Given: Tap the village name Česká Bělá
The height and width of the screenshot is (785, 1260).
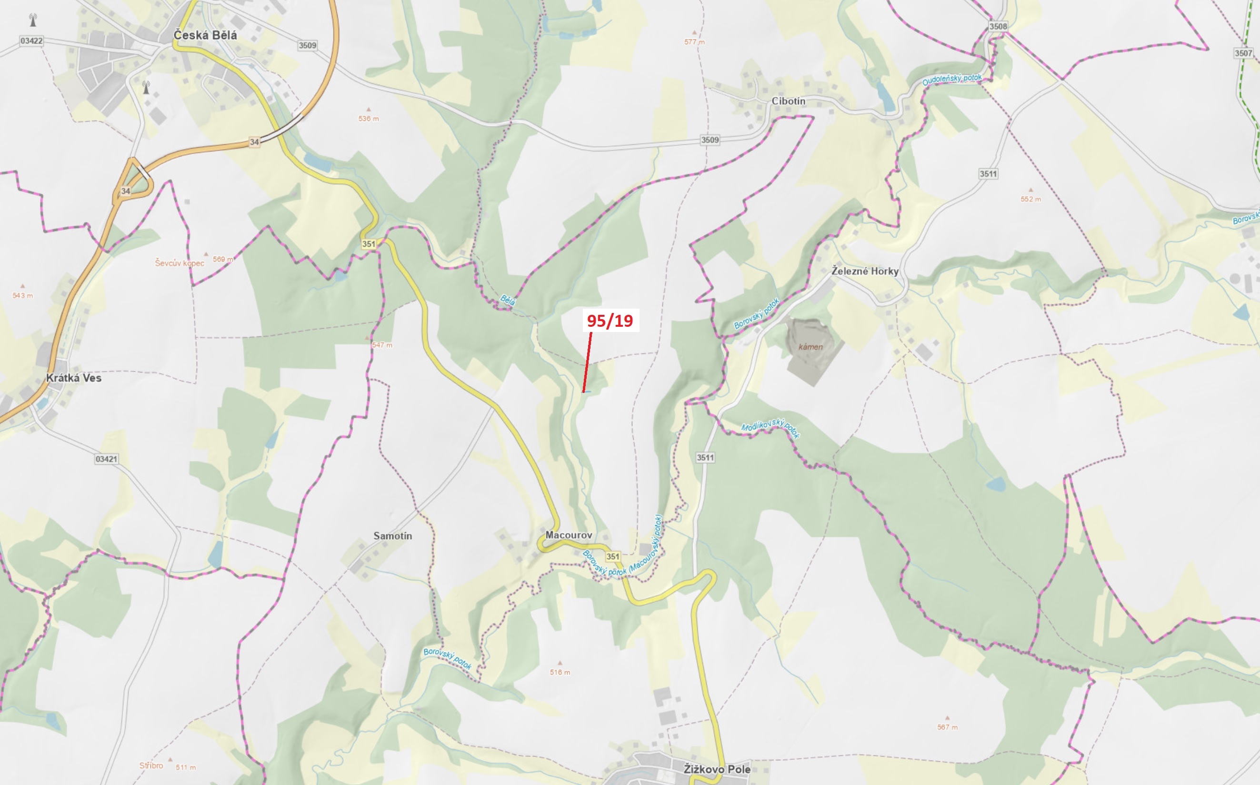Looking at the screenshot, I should [205, 35].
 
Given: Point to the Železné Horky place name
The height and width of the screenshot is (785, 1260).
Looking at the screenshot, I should [865, 271].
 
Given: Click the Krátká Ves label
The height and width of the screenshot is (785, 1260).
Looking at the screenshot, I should [74, 377].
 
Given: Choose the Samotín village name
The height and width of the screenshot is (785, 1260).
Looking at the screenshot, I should [392, 535].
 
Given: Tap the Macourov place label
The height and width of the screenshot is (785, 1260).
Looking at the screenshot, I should [568, 535].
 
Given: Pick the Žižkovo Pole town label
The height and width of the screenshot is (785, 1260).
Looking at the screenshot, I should [717, 769].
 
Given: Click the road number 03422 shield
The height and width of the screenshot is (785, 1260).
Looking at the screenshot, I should [31, 40].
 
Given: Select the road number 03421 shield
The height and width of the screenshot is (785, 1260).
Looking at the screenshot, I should [106, 459].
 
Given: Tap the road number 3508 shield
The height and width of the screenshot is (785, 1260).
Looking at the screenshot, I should [998, 27].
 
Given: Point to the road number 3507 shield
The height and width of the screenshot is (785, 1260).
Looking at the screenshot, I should [1243, 53].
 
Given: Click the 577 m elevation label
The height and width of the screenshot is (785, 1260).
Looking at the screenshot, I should [694, 42].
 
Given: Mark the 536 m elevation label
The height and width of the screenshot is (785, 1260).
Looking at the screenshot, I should [369, 119].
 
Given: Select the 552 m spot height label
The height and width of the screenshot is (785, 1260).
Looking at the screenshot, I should [1030, 199].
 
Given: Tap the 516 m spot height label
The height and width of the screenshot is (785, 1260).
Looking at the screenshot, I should [560, 672].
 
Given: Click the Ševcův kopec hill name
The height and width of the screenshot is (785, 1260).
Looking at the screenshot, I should [180, 263].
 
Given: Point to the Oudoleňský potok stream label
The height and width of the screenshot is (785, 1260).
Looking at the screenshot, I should [952, 80].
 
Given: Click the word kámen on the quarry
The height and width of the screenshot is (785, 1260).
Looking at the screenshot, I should [810, 347].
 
